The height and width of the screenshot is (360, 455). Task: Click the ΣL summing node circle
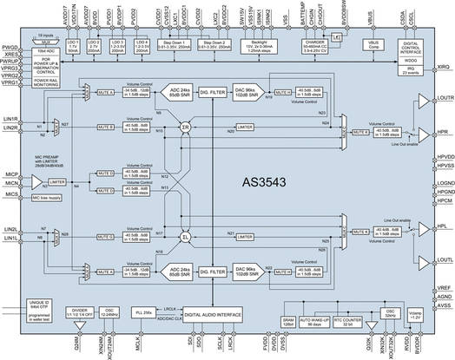click(x=185, y=237)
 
